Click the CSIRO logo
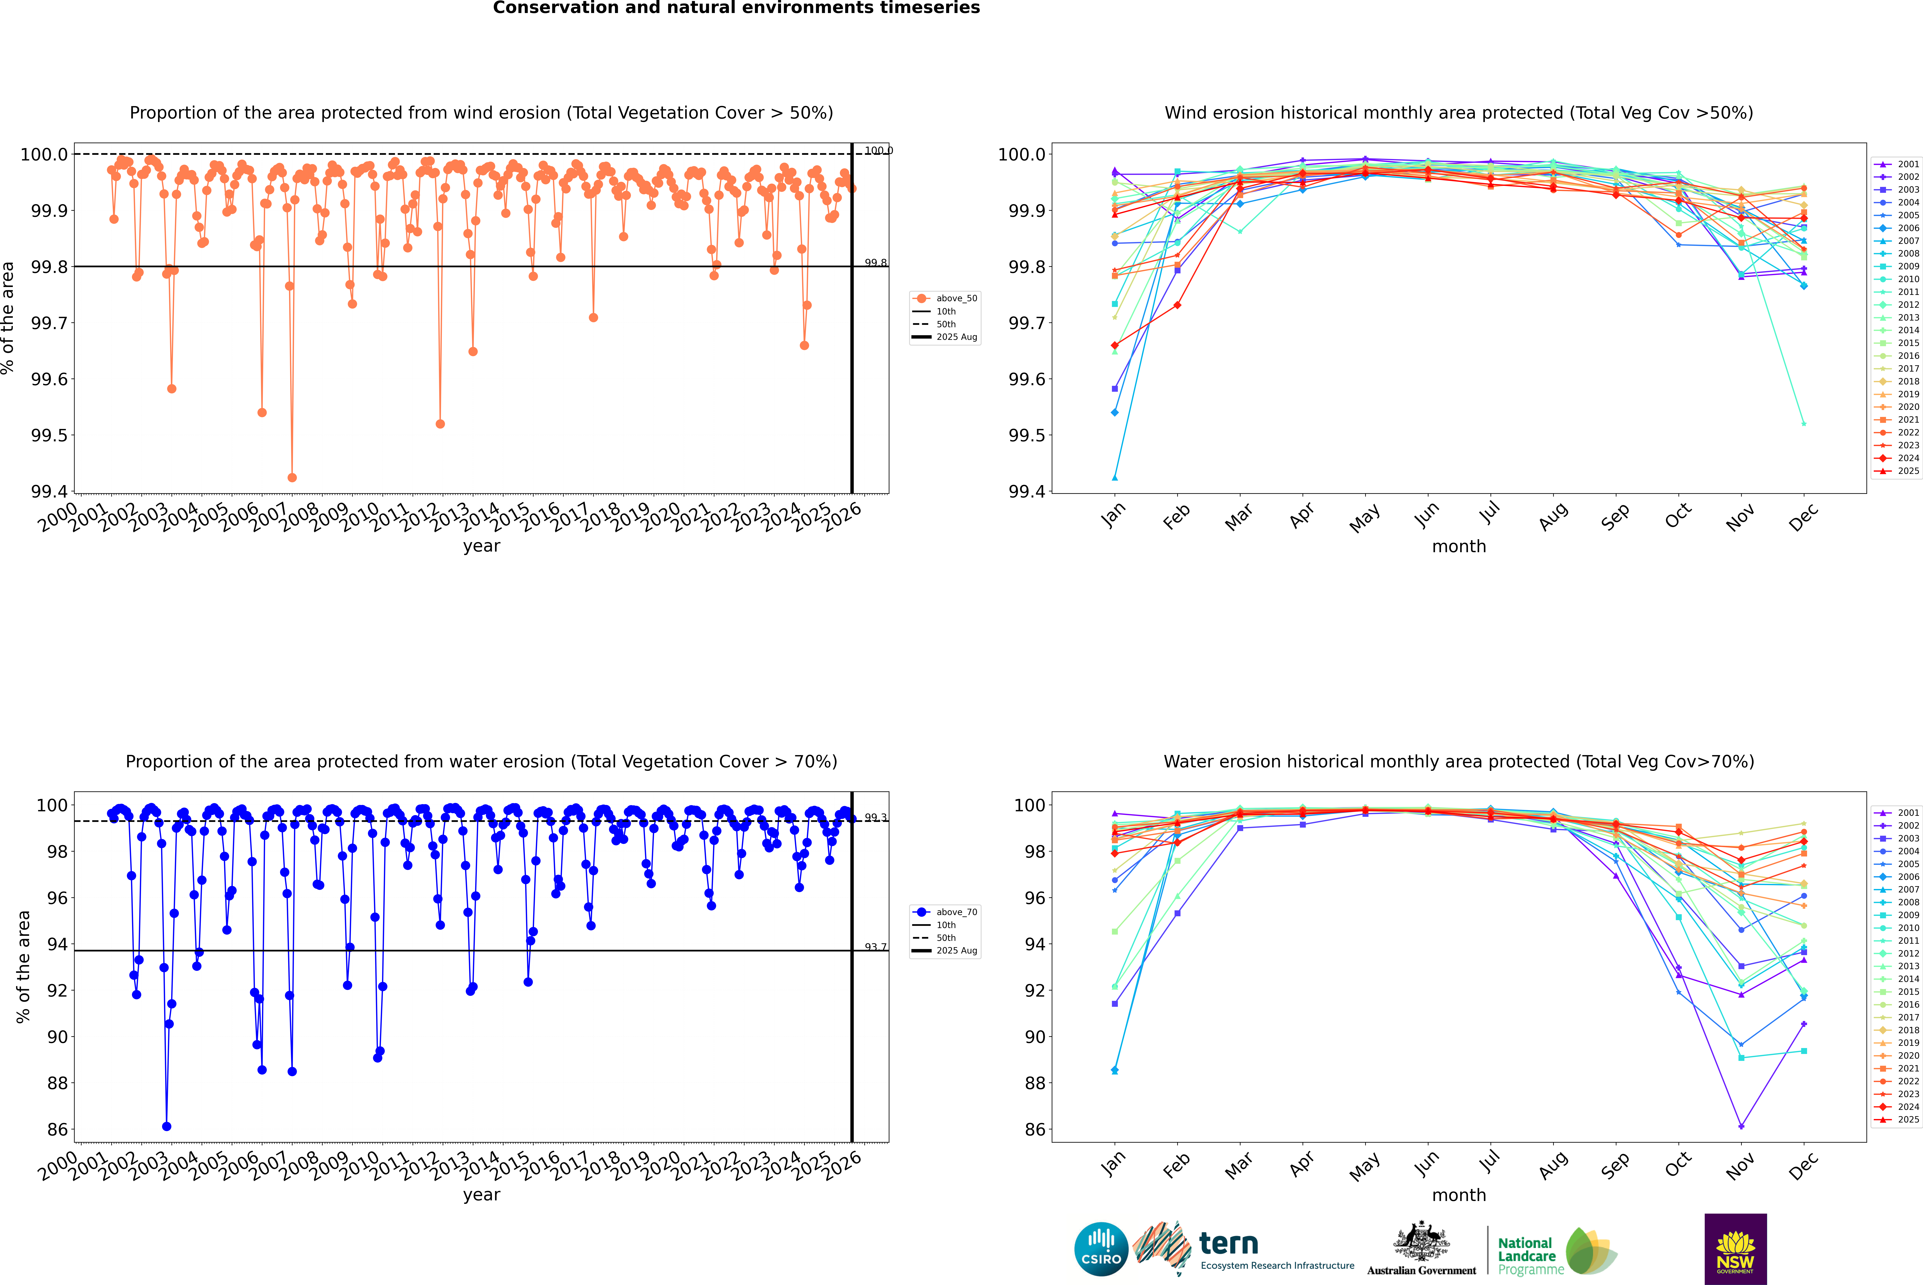[1101, 1249]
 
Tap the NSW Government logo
[1735, 1249]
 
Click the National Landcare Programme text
[1526, 1256]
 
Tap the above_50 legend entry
[945, 298]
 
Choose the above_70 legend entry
[945, 912]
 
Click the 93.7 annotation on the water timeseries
[875, 947]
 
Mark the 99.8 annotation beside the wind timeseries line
[875, 263]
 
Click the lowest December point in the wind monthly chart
[1803, 424]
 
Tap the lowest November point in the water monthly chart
[1741, 1126]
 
